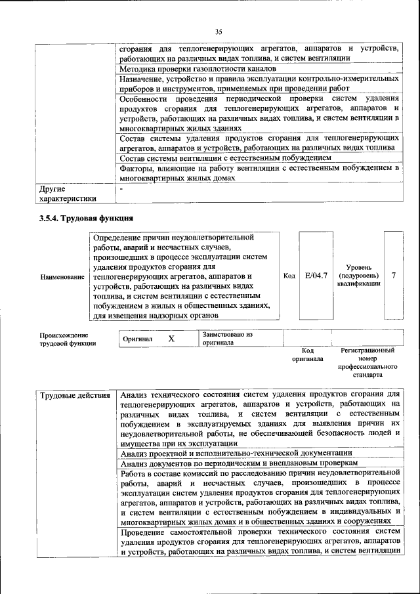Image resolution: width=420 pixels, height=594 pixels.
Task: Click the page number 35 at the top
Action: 219,31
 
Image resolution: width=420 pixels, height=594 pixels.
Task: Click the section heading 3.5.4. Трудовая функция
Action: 86,218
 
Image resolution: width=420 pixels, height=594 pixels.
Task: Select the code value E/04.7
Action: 316,276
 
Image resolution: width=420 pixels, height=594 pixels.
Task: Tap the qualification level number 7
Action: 393,276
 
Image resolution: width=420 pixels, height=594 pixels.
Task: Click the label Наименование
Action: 62,277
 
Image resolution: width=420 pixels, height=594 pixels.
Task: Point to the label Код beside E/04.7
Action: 289,276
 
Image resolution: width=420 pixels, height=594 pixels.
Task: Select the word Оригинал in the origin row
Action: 137,339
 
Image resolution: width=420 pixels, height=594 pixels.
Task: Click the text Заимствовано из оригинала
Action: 227,338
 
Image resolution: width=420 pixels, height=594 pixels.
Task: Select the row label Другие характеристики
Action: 68,194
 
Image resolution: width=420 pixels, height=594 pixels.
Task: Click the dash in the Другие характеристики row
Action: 121,189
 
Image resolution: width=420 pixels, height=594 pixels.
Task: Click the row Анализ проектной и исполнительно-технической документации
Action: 236,453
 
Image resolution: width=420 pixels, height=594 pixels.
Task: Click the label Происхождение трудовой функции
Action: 68,339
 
